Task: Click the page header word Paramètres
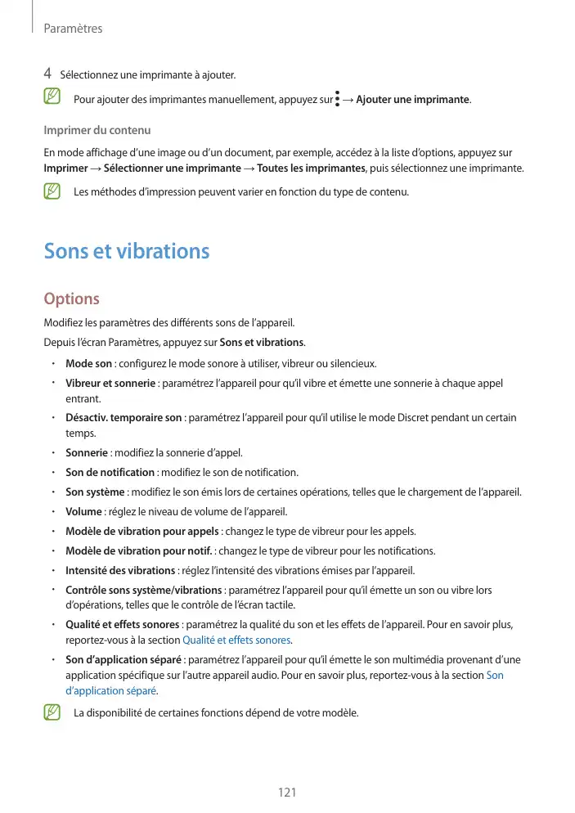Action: point(72,29)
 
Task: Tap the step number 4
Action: point(48,75)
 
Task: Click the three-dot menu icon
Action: point(338,99)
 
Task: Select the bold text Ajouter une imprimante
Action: point(413,100)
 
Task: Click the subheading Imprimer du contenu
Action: point(97,131)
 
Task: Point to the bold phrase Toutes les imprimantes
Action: point(311,168)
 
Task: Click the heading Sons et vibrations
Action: point(127,251)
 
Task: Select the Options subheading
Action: point(71,299)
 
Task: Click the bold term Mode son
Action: point(88,364)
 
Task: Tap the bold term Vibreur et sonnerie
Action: point(110,384)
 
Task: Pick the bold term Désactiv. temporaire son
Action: point(124,418)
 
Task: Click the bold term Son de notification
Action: point(110,472)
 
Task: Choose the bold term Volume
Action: point(83,512)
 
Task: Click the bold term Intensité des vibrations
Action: point(120,570)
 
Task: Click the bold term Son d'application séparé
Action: point(123,660)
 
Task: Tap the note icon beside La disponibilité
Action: point(53,712)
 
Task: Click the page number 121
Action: point(287,793)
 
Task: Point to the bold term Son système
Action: point(95,492)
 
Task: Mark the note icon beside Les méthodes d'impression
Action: point(53,192)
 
